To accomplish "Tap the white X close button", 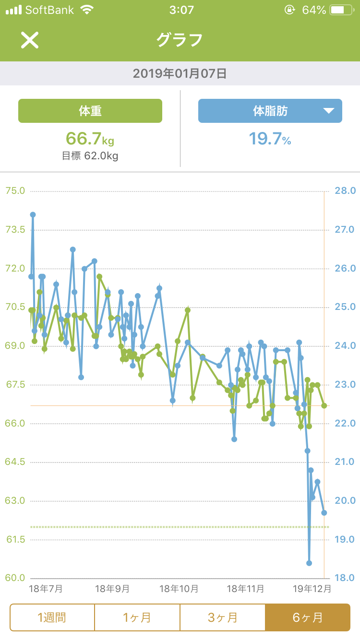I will pos(29,40).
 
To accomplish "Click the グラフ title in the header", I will pos(180,40).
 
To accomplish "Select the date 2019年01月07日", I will pos(180,73).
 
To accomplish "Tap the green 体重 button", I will pos(90,111).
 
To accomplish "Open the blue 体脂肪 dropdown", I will pos(270,111).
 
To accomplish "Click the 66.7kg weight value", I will pos(90,139).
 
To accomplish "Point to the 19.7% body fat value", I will pos(270,139).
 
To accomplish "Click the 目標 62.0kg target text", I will pos(90,156).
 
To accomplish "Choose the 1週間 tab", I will pos(52,617).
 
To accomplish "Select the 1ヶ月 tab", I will pos(137,617).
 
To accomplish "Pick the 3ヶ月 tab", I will pos(222,617).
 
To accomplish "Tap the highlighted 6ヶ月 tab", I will pos(307,617).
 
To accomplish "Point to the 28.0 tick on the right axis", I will pos(345,191).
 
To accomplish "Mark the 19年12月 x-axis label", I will pos(312,589).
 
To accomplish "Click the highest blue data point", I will pos(33,214).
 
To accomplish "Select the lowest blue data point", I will pos(309,563).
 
